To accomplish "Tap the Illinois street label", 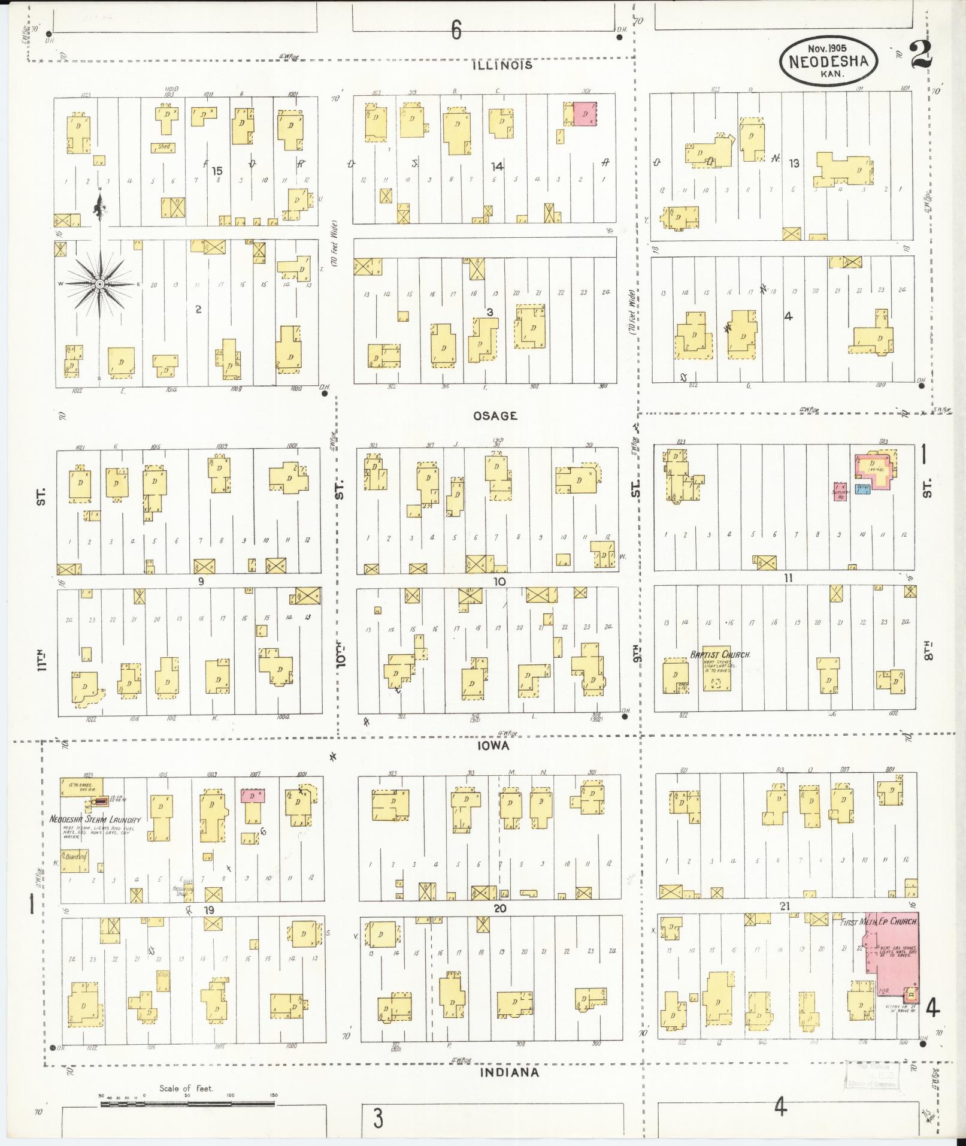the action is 502,65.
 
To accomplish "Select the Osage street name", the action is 495,416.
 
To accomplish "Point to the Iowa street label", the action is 493,746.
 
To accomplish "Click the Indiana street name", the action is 510,1072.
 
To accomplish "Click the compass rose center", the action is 100,283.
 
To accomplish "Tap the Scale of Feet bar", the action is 187,1103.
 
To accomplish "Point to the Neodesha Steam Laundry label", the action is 95,820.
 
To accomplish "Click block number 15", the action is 217,171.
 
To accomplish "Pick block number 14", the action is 496,167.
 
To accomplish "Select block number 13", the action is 794,163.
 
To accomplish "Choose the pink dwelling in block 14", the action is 586,113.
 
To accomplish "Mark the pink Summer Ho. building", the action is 840,491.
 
